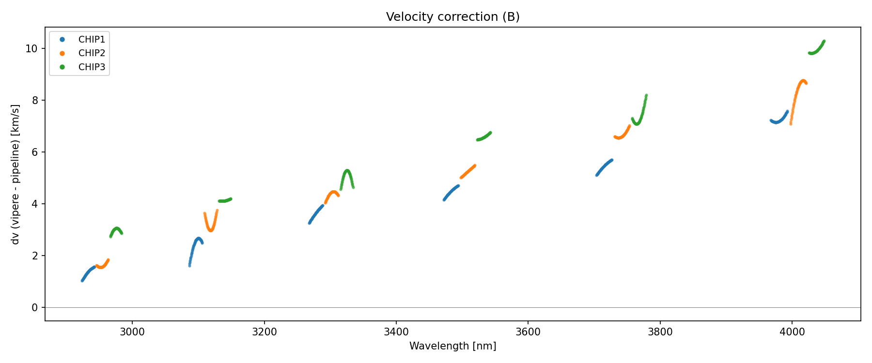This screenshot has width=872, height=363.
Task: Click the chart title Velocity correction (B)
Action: tap(452, 17)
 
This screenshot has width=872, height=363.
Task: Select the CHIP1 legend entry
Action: tap(92, 40)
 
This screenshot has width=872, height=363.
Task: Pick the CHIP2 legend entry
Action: tap(92, 53)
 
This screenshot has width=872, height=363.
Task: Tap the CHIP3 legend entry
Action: tap(92, 67)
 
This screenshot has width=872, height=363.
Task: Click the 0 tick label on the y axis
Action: tap(35, 308)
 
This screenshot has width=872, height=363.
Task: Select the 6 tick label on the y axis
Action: tap(35, 152)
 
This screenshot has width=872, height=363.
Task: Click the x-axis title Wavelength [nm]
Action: tap(452, 346)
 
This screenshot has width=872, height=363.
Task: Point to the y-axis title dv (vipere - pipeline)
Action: tap(16, 174)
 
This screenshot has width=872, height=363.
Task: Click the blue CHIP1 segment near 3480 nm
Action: tap(451, 192)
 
